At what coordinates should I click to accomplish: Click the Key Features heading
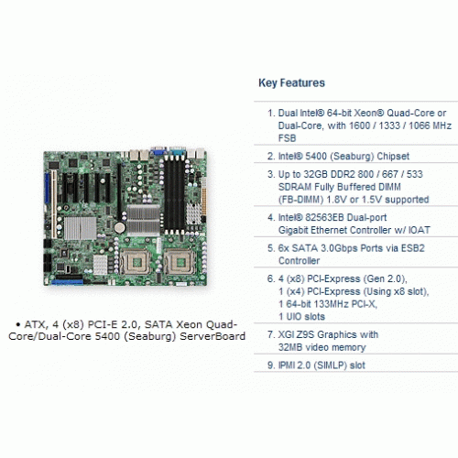tap(291, 83)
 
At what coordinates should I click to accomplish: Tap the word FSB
tap(287, 138)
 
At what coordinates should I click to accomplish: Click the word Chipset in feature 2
tap(393, 156)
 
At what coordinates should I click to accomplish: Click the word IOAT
tap(419, 230)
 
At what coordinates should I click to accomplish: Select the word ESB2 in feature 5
tap(412, 248)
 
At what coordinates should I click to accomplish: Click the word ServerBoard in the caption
tap(213, 336)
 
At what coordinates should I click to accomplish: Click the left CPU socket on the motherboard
tap(135, 262)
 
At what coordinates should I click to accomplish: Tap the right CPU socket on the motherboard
tap(180, 262)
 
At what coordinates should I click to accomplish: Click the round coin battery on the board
tap(119, 227)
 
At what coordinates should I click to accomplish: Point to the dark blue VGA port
tap(158, 150)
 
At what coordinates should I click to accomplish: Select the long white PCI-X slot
tap(54, 204)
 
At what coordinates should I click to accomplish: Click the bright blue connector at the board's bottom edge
tap(68, 282)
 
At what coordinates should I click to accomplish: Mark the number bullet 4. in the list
tap(271, 217)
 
